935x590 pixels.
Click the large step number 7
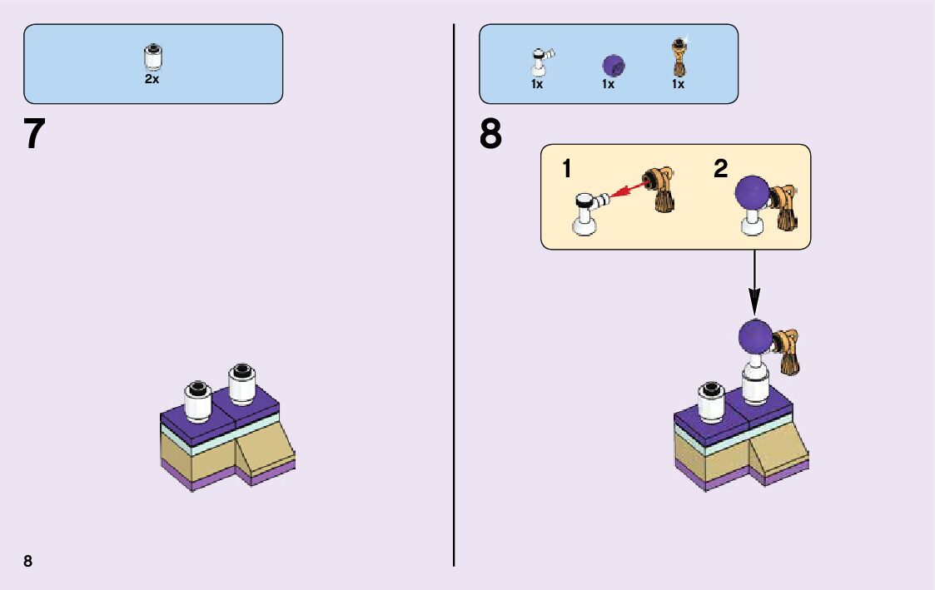pos(34,135)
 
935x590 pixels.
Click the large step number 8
pos(491,135)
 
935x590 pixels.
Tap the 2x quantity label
pos(152,79)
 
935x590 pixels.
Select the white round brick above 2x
pos(152,57)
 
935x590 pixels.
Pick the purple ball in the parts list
pos(613,65)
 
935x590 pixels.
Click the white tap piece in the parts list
pos(540,62)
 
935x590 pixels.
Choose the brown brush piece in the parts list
pos(679,58)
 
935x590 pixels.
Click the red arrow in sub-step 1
pos(625,190)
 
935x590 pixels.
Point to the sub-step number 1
pos(567,170)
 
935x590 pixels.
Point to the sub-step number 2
pos(720,170)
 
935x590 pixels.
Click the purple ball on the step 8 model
pos(755,336)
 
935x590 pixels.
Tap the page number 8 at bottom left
pos(28,561)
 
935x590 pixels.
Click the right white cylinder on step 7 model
pos(242,384)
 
